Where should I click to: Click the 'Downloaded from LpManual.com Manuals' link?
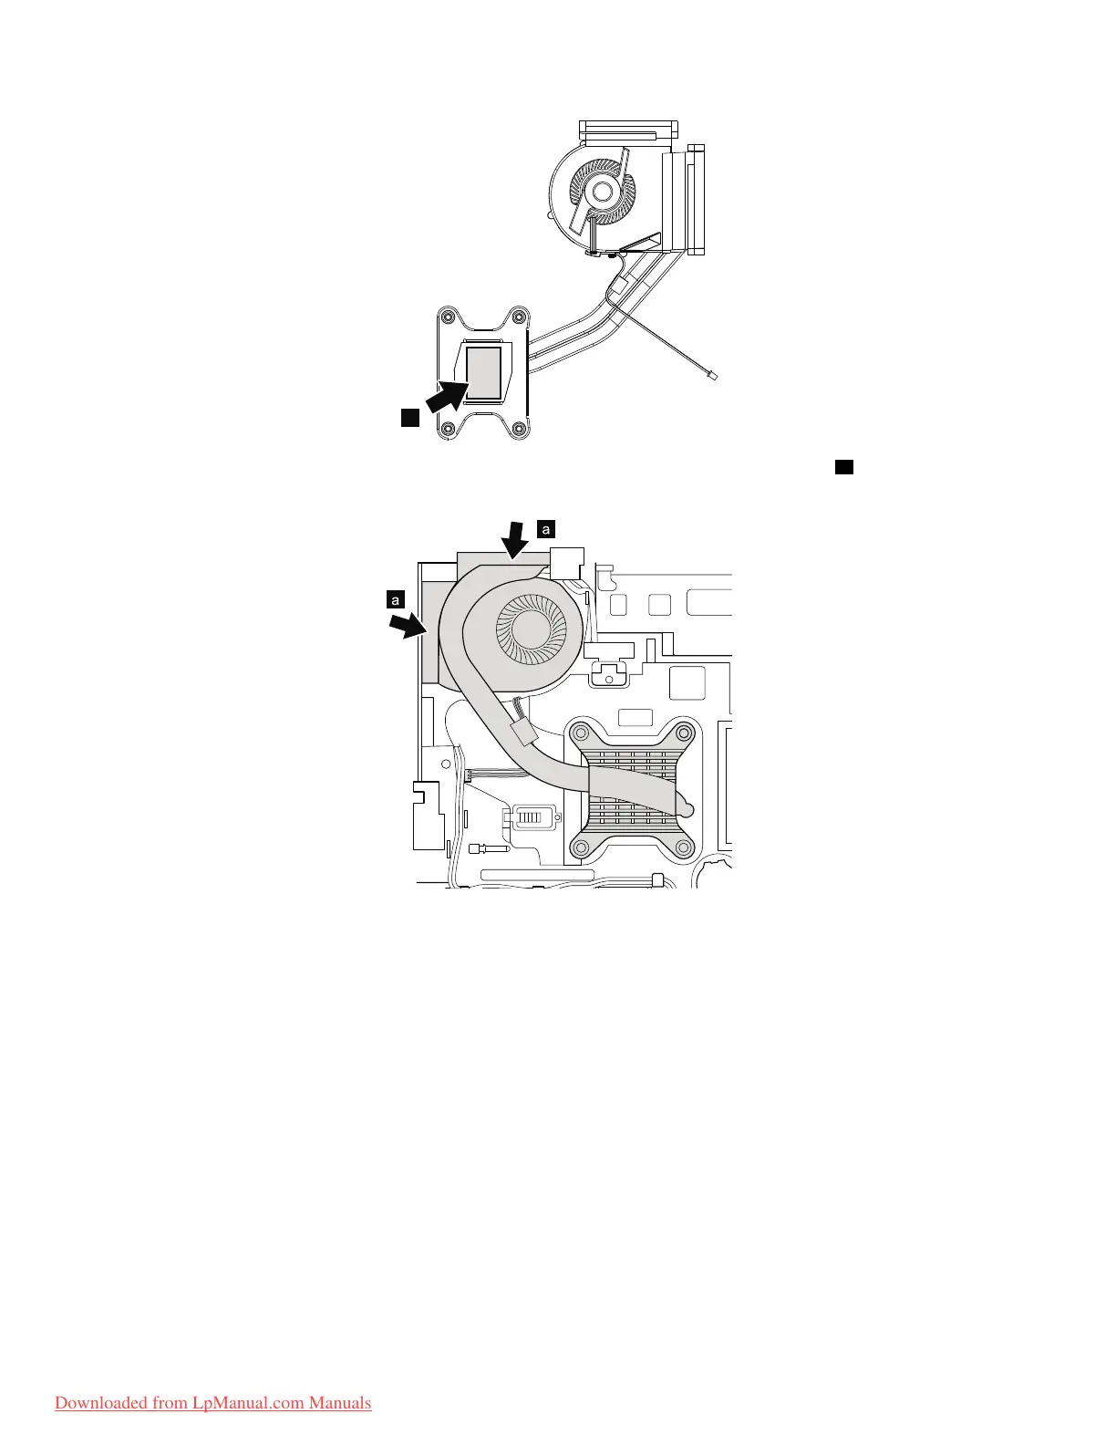pos(212,1402)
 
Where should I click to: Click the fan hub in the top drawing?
pos(601,191)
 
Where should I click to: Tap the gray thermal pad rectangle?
pos(483,372)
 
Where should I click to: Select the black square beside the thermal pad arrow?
pos(409,418)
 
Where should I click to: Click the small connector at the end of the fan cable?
pos(715,375)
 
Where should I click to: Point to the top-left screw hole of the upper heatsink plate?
pos(448,317)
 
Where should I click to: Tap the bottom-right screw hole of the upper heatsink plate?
pos(519,429)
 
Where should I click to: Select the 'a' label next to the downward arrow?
pos(546,528)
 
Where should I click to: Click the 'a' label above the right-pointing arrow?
pos(395,599)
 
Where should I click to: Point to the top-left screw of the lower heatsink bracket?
pos(581,732)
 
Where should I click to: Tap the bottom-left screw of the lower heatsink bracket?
pos(581,847)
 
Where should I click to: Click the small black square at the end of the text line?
pos(843,467)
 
